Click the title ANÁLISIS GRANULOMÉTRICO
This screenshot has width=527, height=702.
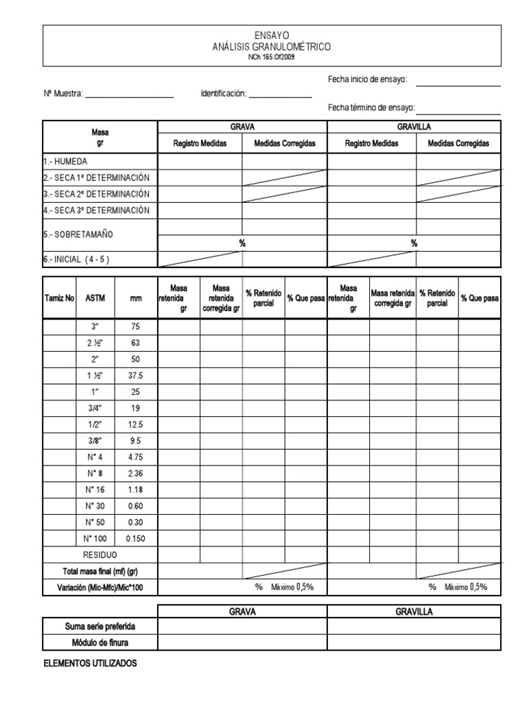[x=272, y=47]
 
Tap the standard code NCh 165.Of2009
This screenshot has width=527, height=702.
[x=272, y=57]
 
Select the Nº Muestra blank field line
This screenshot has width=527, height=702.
[x=129, y=95]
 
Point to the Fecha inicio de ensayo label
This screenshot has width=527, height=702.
[x=368, y=80]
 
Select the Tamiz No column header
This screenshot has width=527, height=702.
[x=59, y=298]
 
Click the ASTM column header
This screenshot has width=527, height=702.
[x=95, y=298]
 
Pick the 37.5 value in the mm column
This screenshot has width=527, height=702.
[x=135, y=376]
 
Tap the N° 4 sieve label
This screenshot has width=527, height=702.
[x=95, y=457]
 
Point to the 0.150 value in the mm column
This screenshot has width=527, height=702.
[x=135, y=538]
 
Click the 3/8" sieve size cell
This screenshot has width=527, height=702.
[x=95, y=441]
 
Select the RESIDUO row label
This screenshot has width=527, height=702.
[x=99, y=555]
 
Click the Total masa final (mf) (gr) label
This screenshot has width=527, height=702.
[x=100, y=571]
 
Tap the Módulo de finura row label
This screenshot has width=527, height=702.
[x=100, y=642]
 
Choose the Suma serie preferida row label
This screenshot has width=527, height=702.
[x=100, y=627]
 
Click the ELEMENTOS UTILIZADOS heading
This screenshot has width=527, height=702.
[x=90, y=664]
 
